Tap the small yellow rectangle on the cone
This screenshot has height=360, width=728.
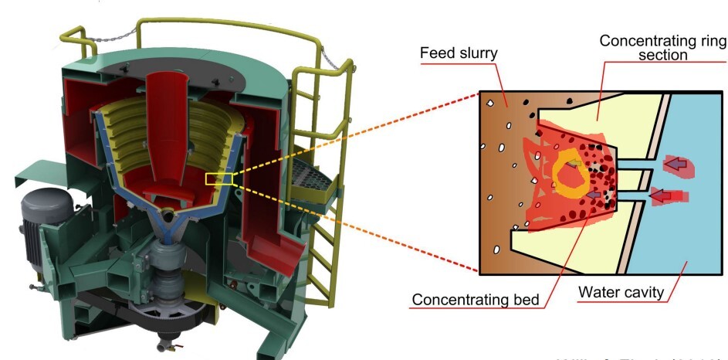pos(219,179)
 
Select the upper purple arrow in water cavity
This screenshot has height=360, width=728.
pos(676,164)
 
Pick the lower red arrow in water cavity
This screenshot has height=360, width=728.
pos(662,196)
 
